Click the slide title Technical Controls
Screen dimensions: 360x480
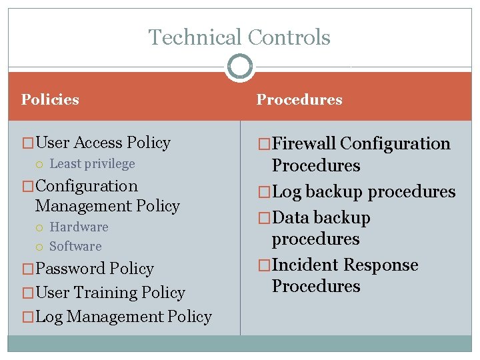239,37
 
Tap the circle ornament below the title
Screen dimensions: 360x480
239,67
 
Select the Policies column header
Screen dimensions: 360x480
50,100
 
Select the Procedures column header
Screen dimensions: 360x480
299,100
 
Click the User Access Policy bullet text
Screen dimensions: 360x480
103,143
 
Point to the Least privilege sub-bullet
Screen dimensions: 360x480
92,164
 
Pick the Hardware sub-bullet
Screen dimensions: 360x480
79,227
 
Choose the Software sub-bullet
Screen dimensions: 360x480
75,247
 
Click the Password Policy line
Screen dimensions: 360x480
94,269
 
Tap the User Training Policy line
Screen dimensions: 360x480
110,293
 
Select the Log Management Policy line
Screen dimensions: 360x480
123,317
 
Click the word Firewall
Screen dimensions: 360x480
304,144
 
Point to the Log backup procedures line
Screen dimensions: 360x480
363,192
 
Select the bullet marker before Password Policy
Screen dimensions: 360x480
28,269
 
